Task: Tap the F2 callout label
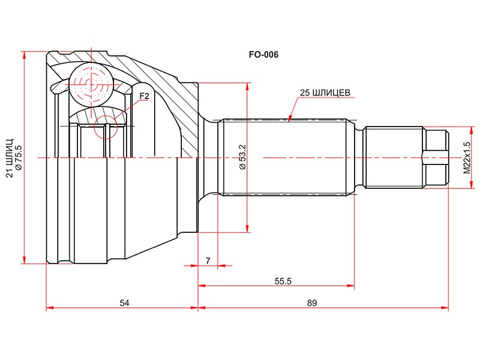(x=144, y=96)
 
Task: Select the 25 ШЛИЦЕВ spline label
(x=325, y=93)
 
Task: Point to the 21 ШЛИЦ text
(x=10, y=158)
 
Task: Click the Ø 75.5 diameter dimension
(x=19, y=158)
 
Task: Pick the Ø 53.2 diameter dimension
(x=242, y=157)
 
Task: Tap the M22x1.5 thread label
(x=467, y=158)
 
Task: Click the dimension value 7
(x=208, y=261)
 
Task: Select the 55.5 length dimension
(x=283, y=281)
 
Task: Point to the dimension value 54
(x=124, y=303)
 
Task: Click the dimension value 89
(x=312, y=303)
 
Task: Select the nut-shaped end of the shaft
(x=435, y=157)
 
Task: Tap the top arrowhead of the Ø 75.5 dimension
(x=23, y=55)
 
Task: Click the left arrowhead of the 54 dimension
(x=50, y=307)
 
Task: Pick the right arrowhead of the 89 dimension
(x=445, y=307)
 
